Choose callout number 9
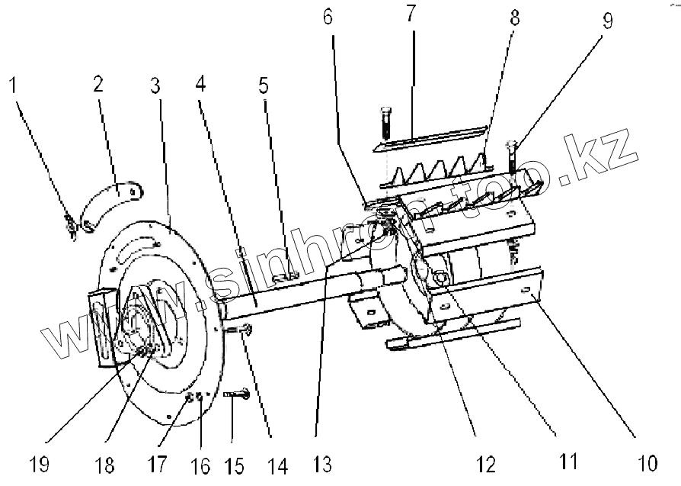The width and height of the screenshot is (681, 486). [x=607, y=21]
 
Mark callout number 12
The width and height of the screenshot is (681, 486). [x=485, y=463]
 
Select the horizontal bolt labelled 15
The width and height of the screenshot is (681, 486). [x=238, y=394]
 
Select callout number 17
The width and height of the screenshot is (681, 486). [x=158, y=463]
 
